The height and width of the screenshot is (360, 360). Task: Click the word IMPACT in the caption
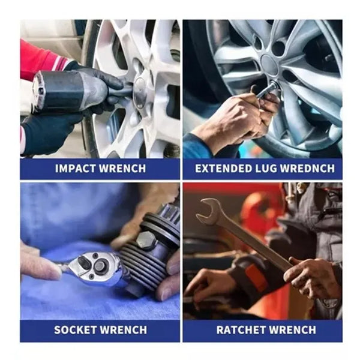coord(76,169)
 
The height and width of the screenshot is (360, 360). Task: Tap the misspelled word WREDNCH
coord(308,169)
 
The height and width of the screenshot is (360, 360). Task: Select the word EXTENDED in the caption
coord(224,169)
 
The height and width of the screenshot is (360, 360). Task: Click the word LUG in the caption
coord(266,169)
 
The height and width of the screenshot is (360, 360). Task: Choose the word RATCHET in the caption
coord(241,330)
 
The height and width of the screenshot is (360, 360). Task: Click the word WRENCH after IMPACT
coord(123,169)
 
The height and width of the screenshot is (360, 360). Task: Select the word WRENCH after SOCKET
coord(124,330)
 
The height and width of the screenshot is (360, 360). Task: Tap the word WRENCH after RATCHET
coord(292,330)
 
